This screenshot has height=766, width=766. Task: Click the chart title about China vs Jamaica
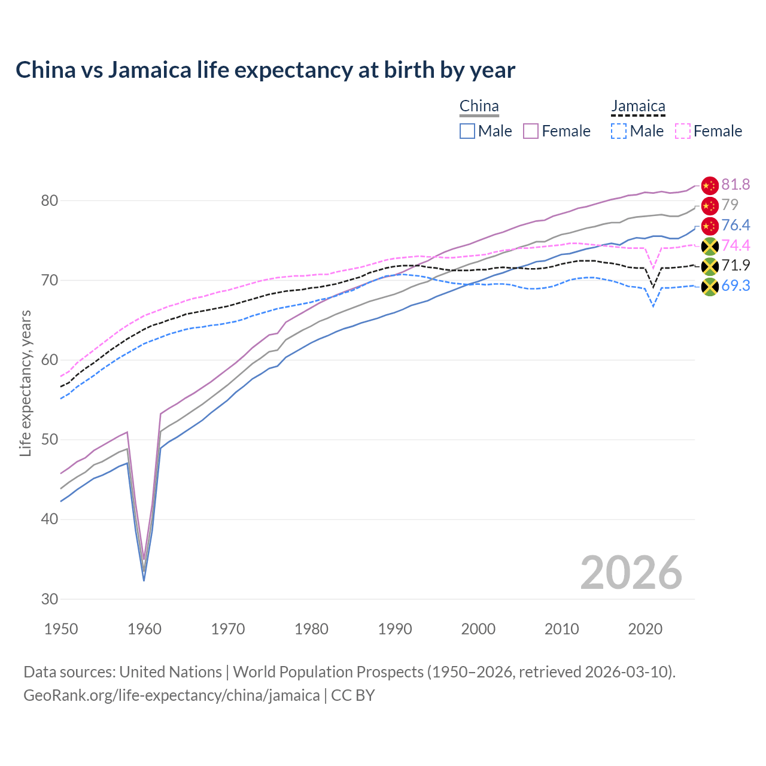pyautogui.click(x=265, y=70)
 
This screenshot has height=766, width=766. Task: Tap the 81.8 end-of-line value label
pyautogui.click(x=735, y=184)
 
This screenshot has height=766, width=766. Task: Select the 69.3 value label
pyautogui.click(x=735, y=285)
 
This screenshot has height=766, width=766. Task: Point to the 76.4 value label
pyautogui.click(x=735, y=225)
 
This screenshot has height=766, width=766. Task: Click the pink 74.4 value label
pyautogui.click(x=735, y=245)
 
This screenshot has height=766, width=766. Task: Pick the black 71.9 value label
pyautogui.click(x=735, y=265)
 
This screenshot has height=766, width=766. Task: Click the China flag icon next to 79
pyautogui.click(x=709, y=206)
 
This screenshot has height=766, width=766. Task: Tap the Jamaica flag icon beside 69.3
pyautogui.click(x=709, y=287)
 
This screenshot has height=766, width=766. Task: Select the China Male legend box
pyautogui.click(x=467, y=131)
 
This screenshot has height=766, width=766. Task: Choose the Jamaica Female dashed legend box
pyautogui.click(x=683, y=131)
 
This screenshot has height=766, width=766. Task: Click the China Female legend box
pyautogui.click(x=531, y=131)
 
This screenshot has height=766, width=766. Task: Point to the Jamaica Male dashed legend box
pyautogui.click(x=619, y=131)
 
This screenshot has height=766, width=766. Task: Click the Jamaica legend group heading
pyautogui.click(x=638, y=107)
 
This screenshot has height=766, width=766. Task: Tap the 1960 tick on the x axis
pyautogui.click(x=145, y=629)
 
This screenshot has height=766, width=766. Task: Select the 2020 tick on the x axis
pyautogui.click(x=645, y=629)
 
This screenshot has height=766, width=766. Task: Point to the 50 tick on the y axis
pyautogui.click(x=50, y=439)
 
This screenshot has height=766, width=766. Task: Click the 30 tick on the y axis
pyautogui.click(x=50, y=598)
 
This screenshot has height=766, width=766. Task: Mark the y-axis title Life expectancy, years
pyautogui.click(x=25, y=383)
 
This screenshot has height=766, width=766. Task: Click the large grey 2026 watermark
pyautogui.click(x=631, y=573)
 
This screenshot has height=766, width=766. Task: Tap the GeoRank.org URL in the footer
pyautogui.click(x=171, y=695)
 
